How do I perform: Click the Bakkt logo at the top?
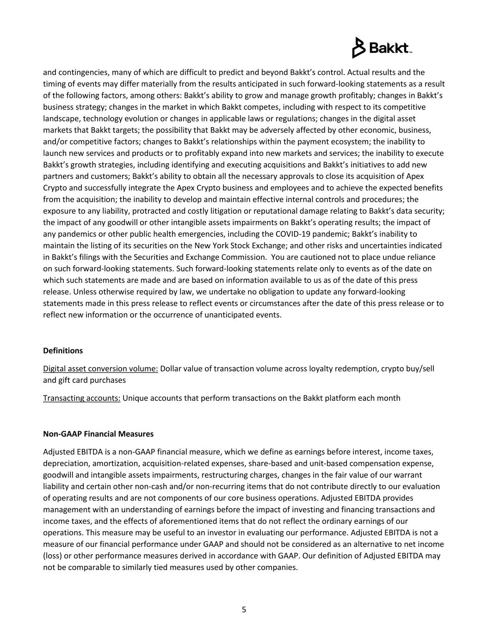(x=382, y=48)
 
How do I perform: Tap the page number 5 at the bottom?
(x=244, y=609)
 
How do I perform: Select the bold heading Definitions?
(x=63, y=350)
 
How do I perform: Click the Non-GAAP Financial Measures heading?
(x=98, y=434)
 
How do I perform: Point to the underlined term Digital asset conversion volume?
(x=100, y=368)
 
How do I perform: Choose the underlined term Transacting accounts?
(x=81, y=398)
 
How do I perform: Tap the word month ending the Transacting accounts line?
(x=389, y=398)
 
